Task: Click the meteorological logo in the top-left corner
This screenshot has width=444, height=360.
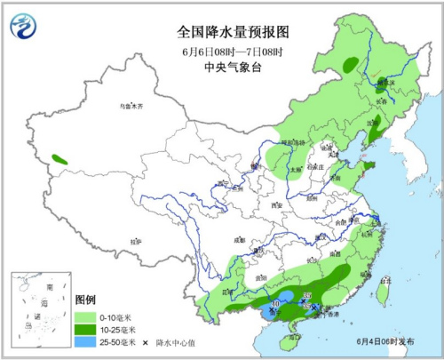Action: (x=24, y=28)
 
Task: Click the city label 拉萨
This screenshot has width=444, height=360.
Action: (x=136, y=241)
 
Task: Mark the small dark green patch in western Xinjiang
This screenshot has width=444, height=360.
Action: (x=59, y=159)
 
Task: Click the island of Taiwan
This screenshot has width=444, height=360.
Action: (x=384, y=289)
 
